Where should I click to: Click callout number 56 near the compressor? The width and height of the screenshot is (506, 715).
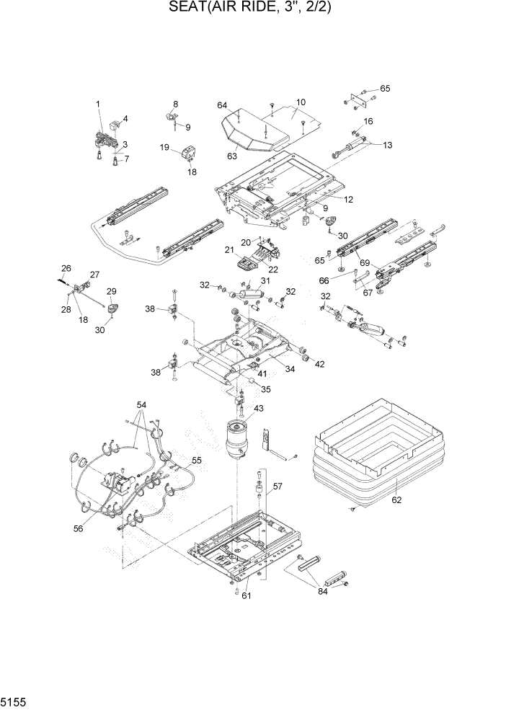point(78,528)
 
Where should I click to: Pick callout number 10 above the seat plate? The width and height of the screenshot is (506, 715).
point(301,102)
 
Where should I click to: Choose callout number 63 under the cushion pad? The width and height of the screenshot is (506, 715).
point(232,155)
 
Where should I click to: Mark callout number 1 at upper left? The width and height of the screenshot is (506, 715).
point(99,105)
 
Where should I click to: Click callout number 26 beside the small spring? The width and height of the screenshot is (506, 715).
point(66,269)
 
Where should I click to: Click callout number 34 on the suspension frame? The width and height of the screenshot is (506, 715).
point(290,370)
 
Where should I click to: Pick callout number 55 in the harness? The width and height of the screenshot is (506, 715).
point(195,459)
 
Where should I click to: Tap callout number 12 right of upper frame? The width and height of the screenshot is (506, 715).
point(348,200)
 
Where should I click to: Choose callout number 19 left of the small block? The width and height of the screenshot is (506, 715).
point(165,148)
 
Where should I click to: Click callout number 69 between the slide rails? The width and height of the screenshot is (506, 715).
point(365,262)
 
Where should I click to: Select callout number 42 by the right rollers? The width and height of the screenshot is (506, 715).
point(319,364)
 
